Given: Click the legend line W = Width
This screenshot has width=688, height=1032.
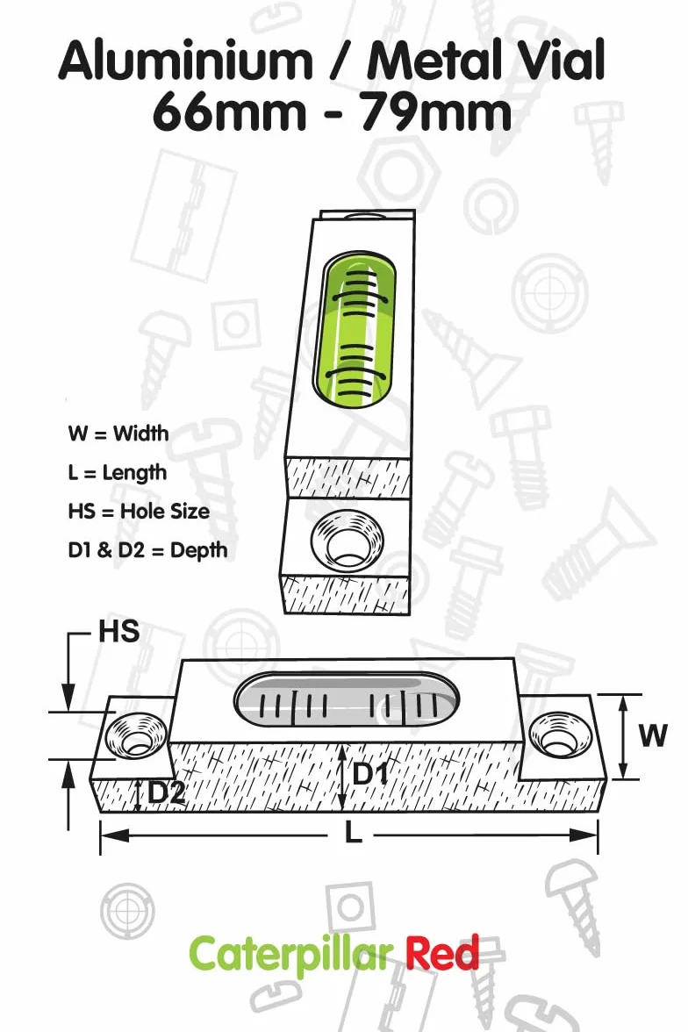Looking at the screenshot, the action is tap(118, 434).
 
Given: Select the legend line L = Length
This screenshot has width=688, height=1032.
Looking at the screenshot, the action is tap(118, 473).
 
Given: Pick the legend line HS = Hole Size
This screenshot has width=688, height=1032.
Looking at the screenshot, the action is tap(139, 512).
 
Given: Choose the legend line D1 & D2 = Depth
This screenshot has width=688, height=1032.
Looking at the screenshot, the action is tap(147, 550).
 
